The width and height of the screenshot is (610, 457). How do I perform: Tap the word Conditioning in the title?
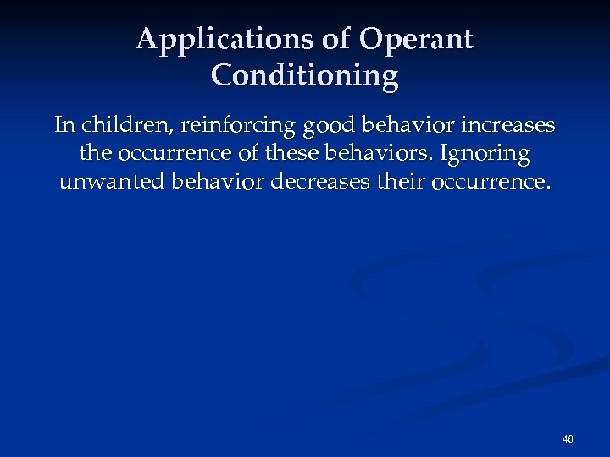click(304, 76)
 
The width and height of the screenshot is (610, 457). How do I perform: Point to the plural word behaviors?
click(380, 154)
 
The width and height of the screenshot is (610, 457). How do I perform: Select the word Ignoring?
click(485, 155)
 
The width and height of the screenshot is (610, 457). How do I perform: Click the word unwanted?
click(107, 183)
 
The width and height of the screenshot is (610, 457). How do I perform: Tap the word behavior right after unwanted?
click(213, 183)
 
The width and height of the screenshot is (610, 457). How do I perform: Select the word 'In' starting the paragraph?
click(64, 125)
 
